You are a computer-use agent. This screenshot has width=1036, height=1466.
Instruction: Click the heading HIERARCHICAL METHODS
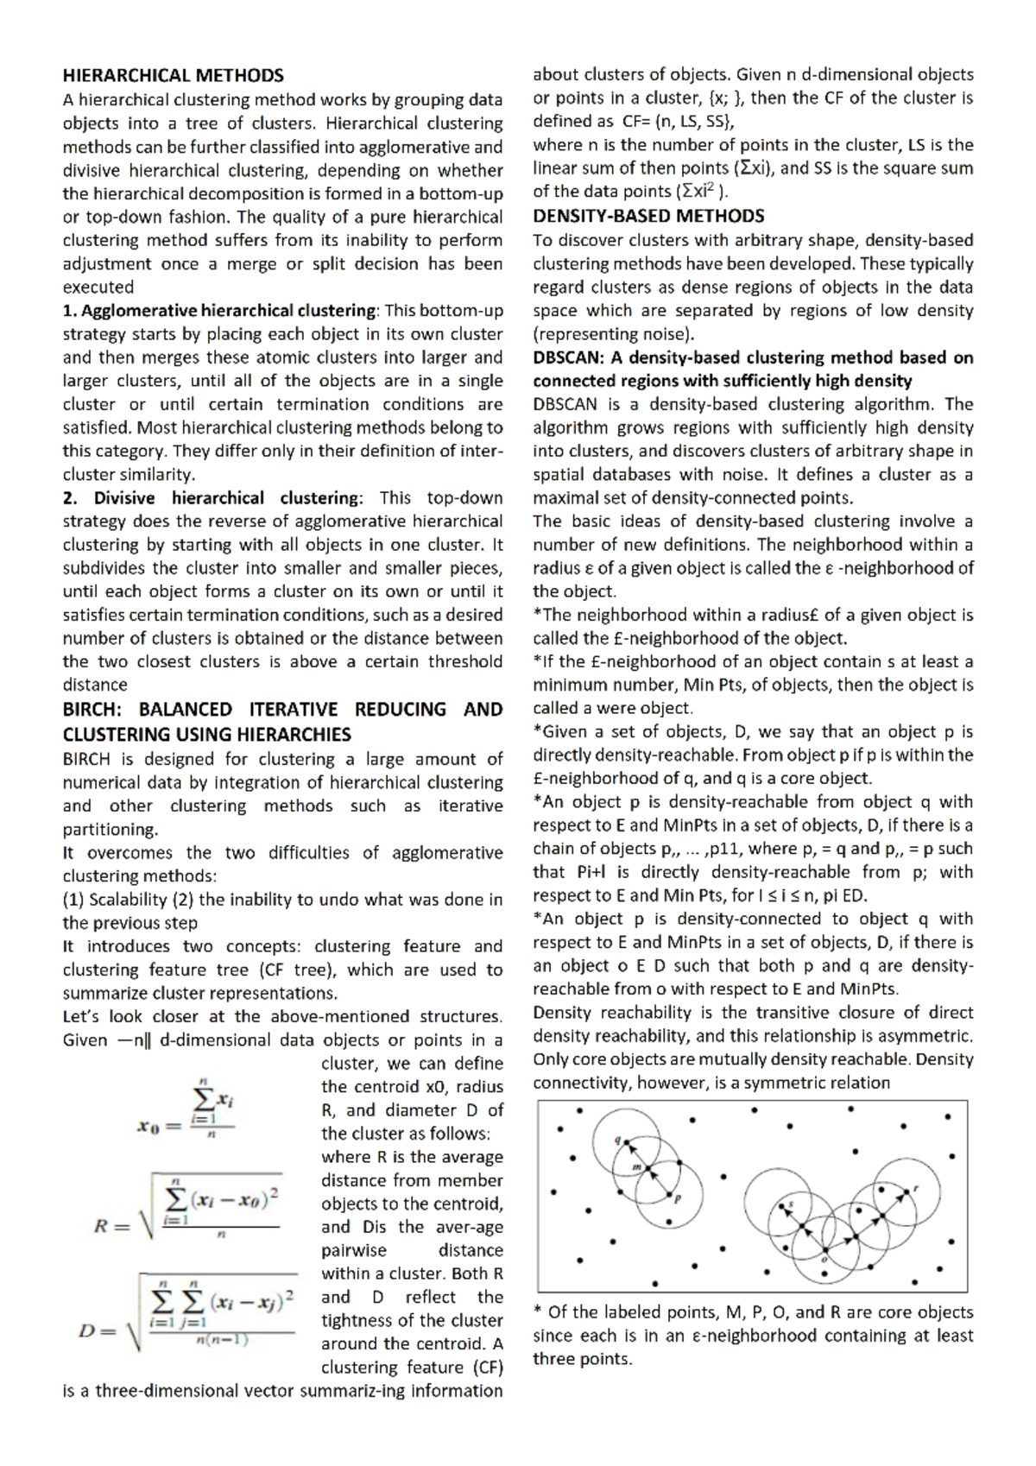click(173, 76)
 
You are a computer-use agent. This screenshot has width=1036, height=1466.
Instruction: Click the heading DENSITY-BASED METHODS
click(648, 216)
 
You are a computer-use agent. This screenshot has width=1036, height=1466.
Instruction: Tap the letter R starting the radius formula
click(102, 1226)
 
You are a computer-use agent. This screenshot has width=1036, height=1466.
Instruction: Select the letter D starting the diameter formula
click(86, 1330)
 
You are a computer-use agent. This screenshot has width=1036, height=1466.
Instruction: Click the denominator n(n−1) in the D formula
click(222, 1340)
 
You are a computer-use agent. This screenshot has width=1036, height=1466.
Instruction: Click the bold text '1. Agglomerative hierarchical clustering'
click(219, 311)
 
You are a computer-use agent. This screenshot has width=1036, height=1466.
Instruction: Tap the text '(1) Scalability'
click(114, 900)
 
